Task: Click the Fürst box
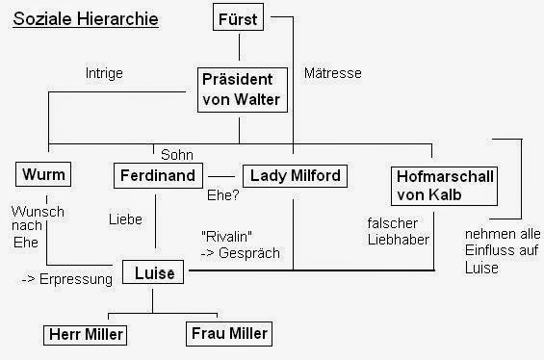239,18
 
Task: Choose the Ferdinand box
158,176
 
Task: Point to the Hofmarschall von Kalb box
445,185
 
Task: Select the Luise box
153,273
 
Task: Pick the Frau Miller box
227,333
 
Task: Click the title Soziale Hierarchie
86,19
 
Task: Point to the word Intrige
104,73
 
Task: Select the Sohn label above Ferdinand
176,154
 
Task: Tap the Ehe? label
223,194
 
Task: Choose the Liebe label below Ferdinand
126,219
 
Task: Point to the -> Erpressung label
65,279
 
